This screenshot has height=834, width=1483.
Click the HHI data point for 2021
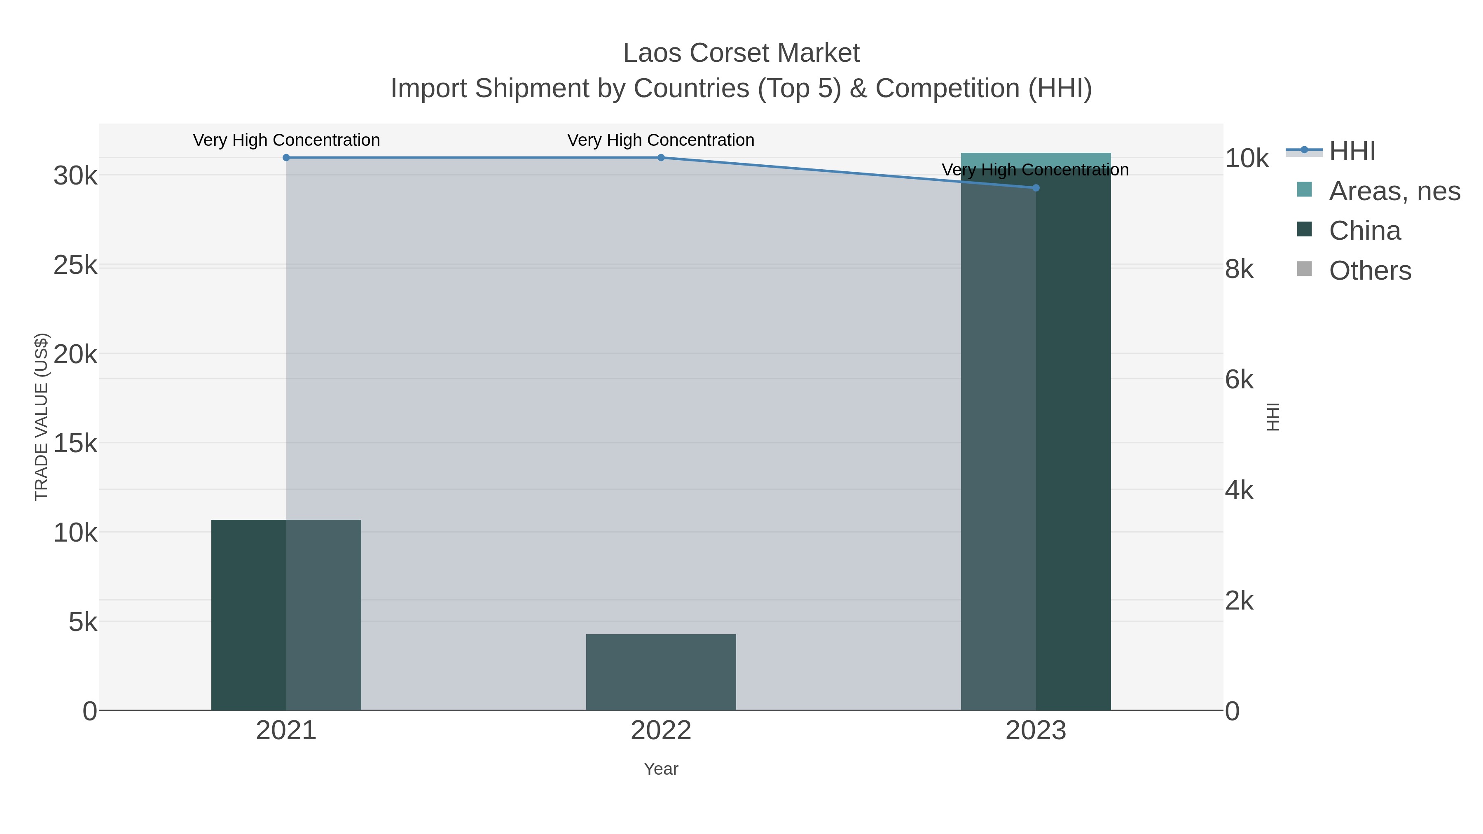tap(286, 158)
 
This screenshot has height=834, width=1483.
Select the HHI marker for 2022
tap(661, 158)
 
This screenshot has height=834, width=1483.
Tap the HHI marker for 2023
tap(1036, 188)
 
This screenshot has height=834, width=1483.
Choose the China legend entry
tap(1364, 231)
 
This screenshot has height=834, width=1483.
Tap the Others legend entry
tap(1370, 271)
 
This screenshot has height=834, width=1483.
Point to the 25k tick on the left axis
tap(75, 265)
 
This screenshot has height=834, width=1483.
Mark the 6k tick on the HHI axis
tap(1239, 380)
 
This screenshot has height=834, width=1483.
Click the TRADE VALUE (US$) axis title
tap(42, 417)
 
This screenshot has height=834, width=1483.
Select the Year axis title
tap(661, 769)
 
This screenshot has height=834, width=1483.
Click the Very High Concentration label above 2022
tap(661, 140)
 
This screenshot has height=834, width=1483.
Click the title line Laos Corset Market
tap(741, 53)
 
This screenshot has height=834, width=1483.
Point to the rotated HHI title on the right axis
tap(1273, 417)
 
